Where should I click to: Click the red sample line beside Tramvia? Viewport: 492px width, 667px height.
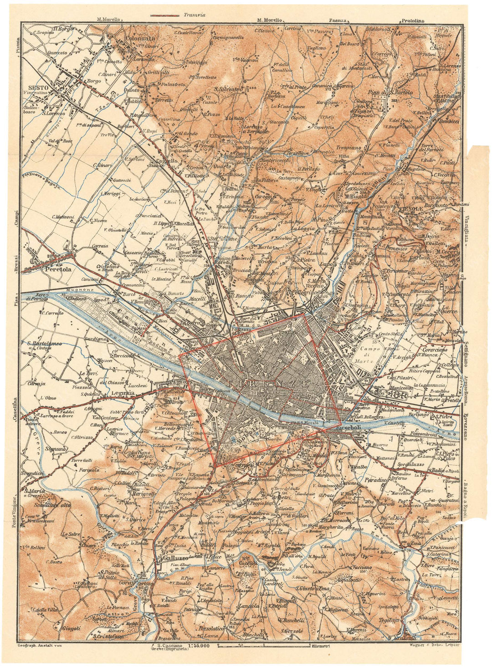(164, 15)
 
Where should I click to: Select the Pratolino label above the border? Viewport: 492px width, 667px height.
(412, 21)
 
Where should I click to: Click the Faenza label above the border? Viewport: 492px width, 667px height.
(338, 21)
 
